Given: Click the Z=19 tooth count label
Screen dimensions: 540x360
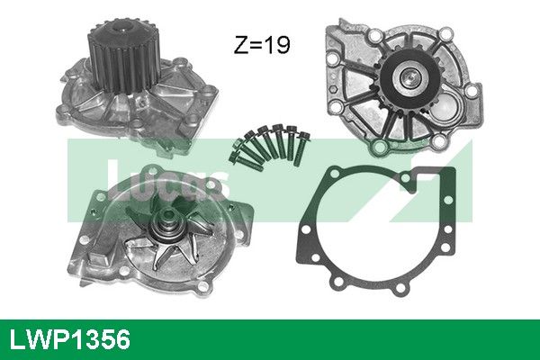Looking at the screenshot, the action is [x=262, y=44].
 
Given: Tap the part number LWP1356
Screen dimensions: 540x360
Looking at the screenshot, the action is [x=70, y=339].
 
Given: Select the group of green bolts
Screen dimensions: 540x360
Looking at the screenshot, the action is [x=270, y=148].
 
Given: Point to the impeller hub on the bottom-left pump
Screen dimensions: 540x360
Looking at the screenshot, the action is [x=168, y=226].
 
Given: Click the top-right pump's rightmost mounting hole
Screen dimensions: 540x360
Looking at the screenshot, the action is [x=472, y=91].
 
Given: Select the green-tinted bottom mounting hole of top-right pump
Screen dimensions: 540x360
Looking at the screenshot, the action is [x=380, y=147].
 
